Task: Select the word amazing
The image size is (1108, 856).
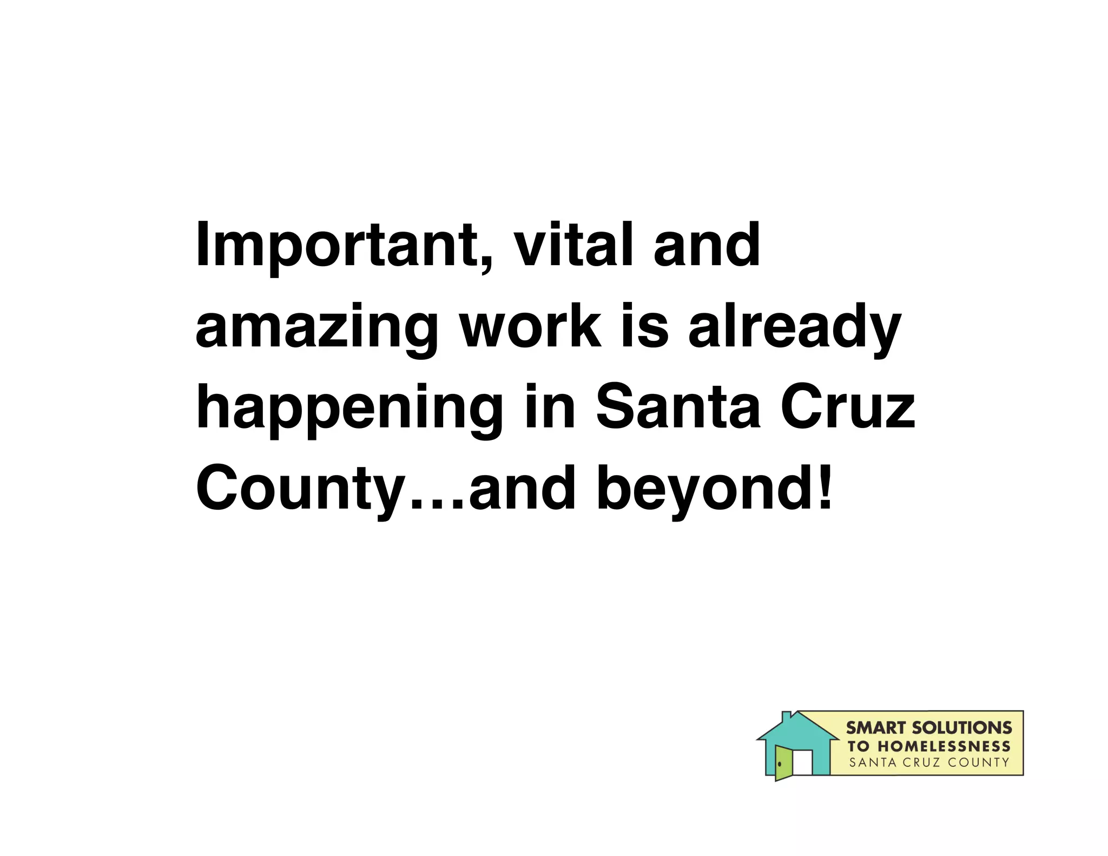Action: (x=316, y=328)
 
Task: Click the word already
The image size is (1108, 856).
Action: (x=794, y=328)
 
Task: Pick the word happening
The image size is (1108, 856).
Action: (x=349, y=409)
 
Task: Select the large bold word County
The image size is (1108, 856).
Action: (x=301, y=489)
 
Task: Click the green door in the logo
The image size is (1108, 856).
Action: (x=783, y=762)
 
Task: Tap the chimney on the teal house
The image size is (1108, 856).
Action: (x=787, y=716)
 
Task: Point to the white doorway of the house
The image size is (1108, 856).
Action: (x=802, y=762)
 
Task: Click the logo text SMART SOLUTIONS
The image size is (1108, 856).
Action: (x=928, y=728)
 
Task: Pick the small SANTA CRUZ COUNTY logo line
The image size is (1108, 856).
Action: (x=929, y=763)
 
